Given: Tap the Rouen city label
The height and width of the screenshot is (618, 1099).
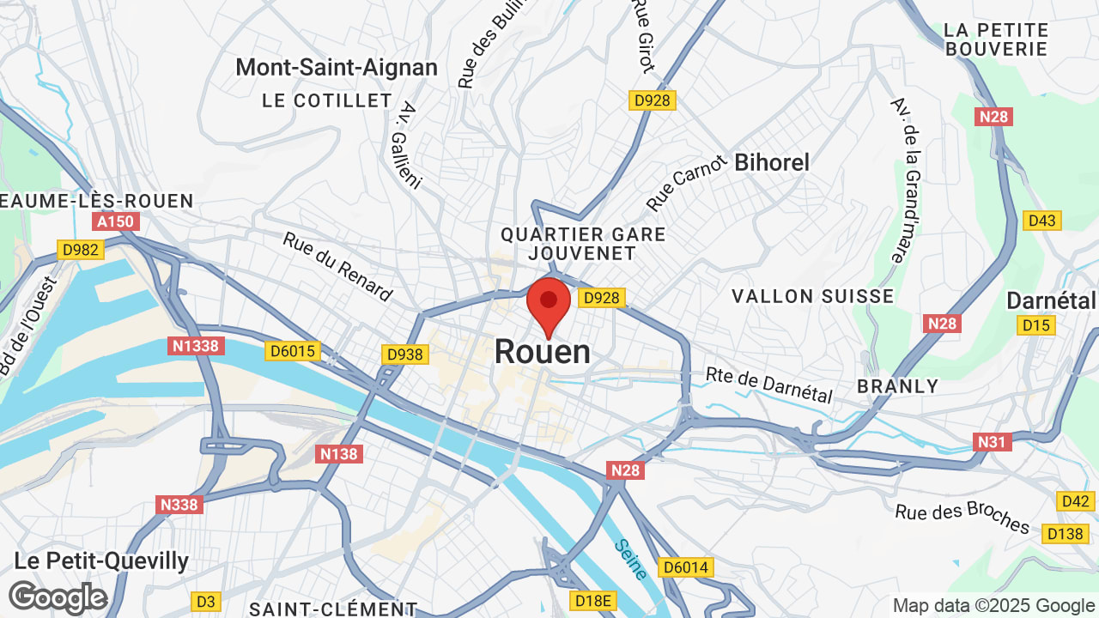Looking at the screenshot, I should [x=543, y=352].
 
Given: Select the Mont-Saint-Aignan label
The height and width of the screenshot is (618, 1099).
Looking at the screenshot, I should [x=337, y=67].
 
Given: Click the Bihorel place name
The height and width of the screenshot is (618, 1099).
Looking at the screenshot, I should [x=772, y=162].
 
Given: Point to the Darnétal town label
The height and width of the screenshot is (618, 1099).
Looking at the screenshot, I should [x=1051, y=300].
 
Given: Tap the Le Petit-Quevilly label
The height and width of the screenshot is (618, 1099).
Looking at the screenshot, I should [x=101, y=561].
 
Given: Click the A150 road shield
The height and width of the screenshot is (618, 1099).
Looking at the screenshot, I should [x=115, y=222].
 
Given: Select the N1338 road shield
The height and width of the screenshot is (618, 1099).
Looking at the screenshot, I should [x=196, y=346].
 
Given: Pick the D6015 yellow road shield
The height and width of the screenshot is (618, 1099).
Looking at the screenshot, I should [x=294, y=351].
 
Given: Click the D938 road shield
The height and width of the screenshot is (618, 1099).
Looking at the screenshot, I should [x=404, y=354].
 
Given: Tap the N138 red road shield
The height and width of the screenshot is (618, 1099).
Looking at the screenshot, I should [x=338, y=454].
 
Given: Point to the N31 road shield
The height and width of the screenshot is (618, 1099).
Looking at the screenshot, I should [x=993, y=442].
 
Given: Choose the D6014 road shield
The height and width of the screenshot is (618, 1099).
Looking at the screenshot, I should [x=686, y=567].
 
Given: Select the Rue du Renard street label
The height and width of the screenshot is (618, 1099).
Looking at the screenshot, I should [x=337, y=267].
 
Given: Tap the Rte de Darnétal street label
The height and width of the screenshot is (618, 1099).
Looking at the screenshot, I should [x=768, y=385].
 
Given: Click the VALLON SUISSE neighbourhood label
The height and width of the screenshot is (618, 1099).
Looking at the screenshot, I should [x=812, y=296].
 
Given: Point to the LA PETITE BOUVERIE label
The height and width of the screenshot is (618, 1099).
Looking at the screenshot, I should [x=996, y=39].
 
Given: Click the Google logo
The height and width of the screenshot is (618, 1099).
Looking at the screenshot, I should [x=58, y=597].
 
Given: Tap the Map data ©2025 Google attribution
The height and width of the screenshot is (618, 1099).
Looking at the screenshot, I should [x=993, y=606].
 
